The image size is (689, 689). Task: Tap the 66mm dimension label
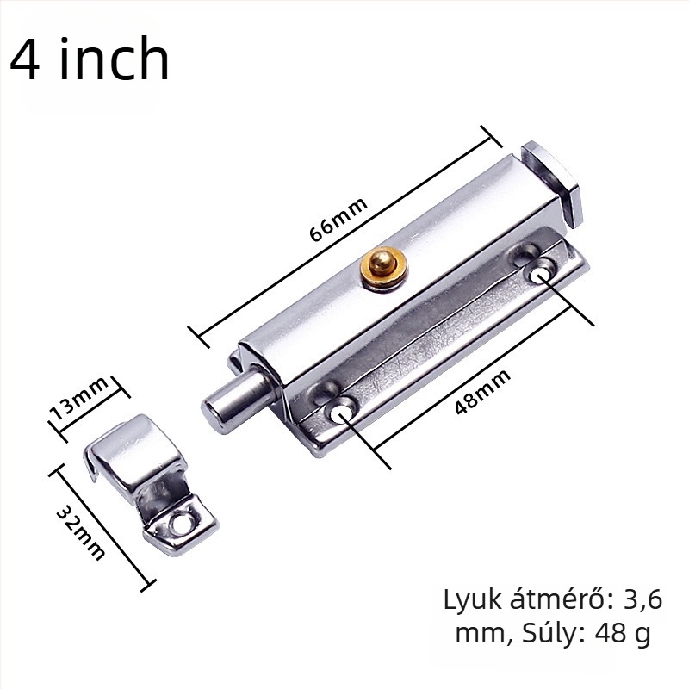[x=338, y=220]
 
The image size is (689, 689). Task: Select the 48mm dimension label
[x=482, y=392]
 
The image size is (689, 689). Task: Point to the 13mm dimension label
[x=79, y=398]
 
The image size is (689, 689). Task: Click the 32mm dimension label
[x=81, y=532]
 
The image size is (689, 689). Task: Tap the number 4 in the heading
[x=26, y=59]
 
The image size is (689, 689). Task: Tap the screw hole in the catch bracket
[x=179, y=524]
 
